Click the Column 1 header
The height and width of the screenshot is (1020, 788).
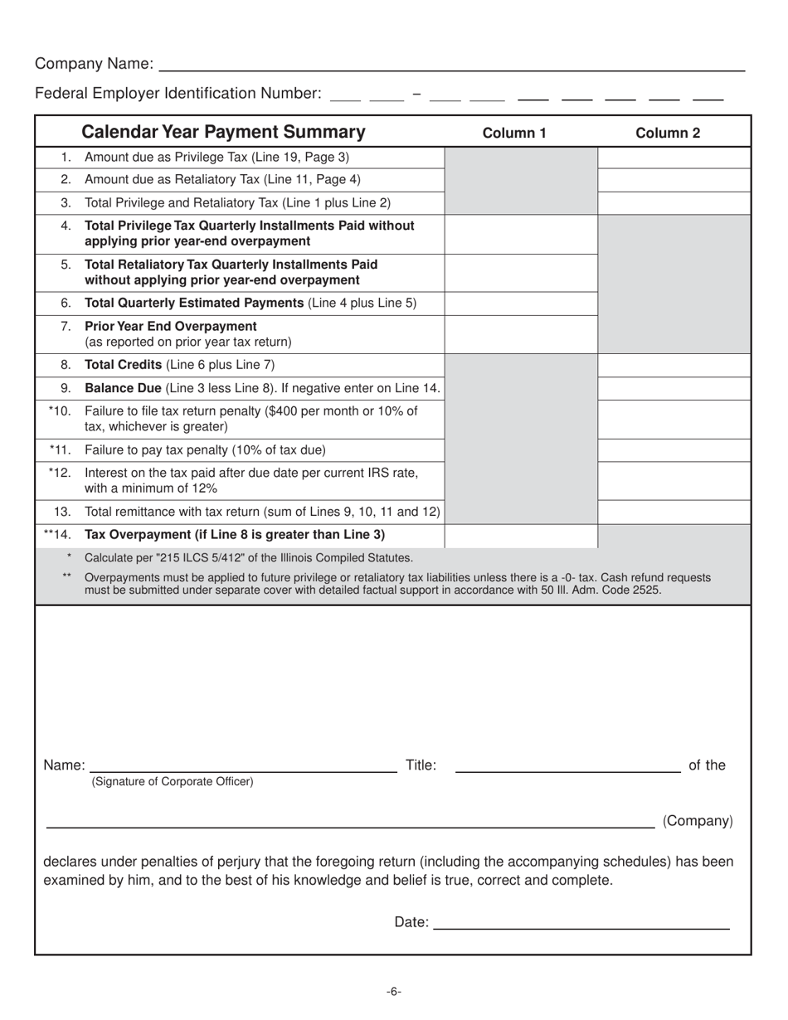[514, 133]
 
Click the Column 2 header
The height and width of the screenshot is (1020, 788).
[668, 133]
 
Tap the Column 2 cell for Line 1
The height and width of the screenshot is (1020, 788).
[674, 158]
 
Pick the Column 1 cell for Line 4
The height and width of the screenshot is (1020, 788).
[521, 234]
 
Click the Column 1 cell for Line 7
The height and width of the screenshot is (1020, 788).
[521, 334]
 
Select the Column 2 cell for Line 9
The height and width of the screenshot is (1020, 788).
[674, 388]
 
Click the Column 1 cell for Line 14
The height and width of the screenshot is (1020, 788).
[521, 535]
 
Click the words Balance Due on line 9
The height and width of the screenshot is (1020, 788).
[123, 388]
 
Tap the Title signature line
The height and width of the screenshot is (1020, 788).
[568, 766]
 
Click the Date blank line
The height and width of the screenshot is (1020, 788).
[581, 923]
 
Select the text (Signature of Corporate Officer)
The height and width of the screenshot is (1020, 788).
[173, 781]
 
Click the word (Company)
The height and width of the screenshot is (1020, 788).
[698, 821]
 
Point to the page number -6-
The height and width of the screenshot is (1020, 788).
[394, 992]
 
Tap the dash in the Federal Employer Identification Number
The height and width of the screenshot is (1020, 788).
[416, 94]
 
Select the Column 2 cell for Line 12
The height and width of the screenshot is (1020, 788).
[674, 479]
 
